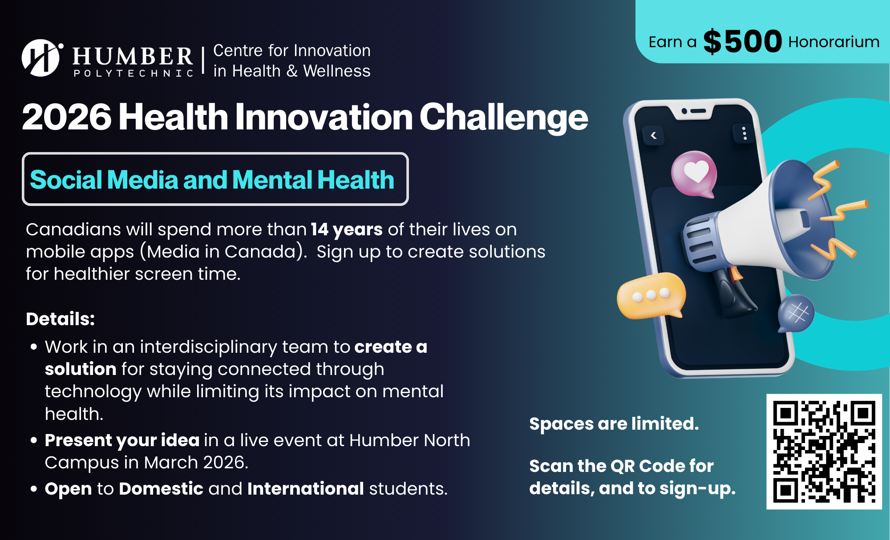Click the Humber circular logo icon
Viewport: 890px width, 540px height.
(41, 58)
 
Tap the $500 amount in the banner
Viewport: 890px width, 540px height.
(742, 41)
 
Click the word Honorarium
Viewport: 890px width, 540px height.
(834, 42)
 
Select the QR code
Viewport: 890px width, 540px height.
(824, 451)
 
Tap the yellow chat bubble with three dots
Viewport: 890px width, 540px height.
(651, 295)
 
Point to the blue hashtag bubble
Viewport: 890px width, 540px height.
(797, 313)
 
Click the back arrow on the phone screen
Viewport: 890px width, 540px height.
(654, 136)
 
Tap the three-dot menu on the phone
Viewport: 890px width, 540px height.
(744, 133)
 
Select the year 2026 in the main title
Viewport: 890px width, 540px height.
(67, 117)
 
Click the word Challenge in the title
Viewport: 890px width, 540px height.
(504, 117)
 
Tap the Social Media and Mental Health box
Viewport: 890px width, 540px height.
(215, 179)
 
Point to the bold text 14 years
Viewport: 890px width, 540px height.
(347, 230)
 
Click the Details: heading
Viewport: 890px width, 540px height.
(61, 319)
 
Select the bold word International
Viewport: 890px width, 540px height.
(306, 488)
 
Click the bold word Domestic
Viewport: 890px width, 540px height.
(161, 488)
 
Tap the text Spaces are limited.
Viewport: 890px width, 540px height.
(614, 423)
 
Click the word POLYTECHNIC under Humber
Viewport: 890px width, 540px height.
(133, 73)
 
